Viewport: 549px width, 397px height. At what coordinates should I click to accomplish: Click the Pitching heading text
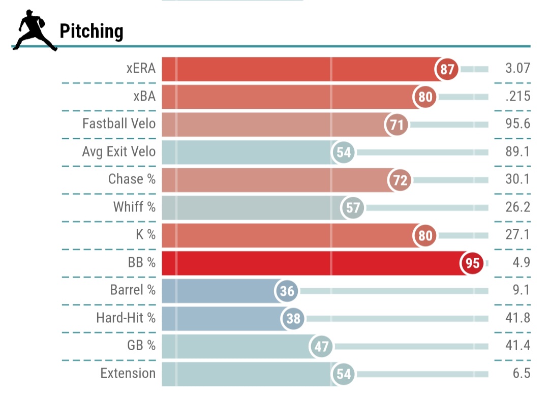91,32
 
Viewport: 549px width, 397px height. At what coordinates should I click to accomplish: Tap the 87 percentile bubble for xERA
447,69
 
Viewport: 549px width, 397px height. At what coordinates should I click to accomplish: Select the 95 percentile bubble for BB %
472,263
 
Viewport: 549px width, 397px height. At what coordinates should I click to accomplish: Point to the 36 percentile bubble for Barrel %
287,291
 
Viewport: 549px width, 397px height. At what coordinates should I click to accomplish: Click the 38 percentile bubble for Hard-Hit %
293,319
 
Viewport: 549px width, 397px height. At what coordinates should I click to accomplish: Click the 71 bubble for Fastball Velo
397,125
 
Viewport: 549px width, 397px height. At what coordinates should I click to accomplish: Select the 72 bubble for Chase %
401,180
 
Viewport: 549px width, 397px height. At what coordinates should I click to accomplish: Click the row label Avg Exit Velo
119,151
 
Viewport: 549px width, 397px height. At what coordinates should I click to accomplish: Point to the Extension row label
128,373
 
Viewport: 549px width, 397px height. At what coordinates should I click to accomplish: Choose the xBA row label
144,96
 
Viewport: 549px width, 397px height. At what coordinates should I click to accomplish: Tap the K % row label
144,235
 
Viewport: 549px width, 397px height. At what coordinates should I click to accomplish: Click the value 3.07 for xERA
518,69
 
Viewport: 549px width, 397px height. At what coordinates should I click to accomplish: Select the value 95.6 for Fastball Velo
518,124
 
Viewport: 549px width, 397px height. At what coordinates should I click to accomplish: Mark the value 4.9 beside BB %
522,263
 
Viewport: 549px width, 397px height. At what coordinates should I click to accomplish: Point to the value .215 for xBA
518,96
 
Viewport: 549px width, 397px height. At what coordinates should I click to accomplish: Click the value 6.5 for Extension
522,373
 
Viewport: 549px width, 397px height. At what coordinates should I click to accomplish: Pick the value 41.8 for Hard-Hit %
518,318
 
